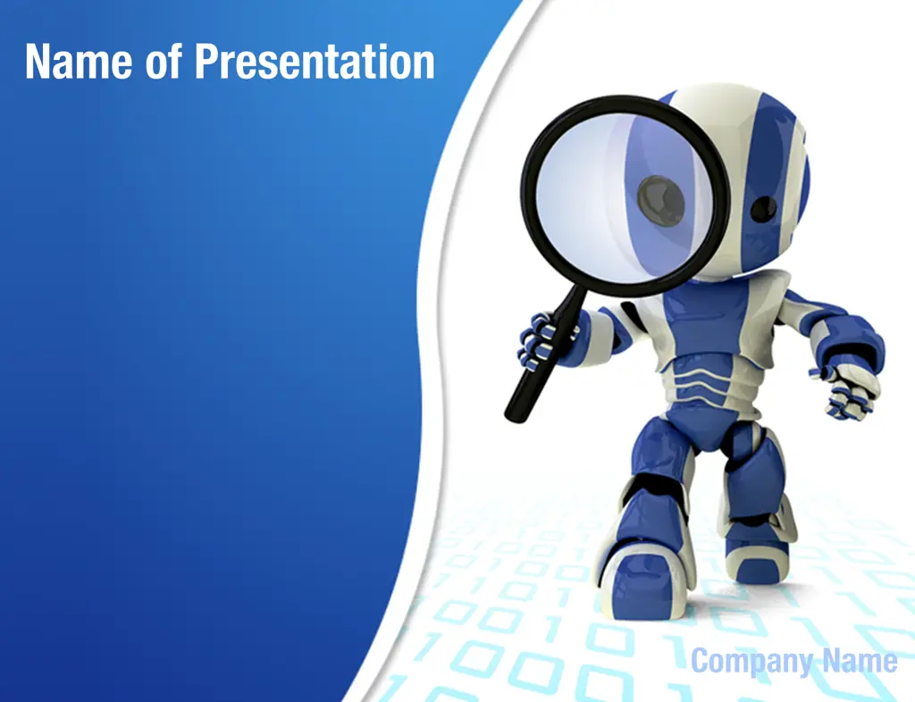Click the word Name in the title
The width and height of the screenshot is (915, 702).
tap(79, 62)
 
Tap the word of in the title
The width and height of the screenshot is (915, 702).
tap(164, 62)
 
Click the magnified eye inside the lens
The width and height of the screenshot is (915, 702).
tap(660, 201)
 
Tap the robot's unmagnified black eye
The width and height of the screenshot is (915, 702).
tap(763, 209)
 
